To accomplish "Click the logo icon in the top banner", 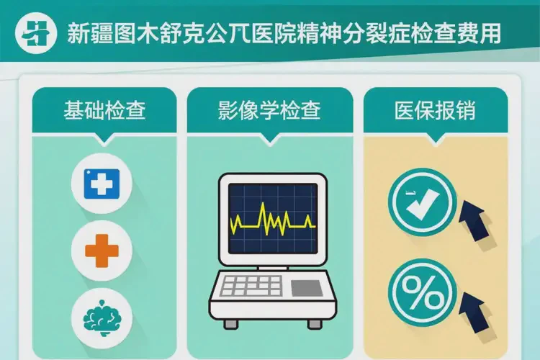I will click(36, 33).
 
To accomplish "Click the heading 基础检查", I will click(104, 111).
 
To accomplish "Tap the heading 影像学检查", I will click(269, 111).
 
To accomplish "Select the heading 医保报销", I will click(434, 111).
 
